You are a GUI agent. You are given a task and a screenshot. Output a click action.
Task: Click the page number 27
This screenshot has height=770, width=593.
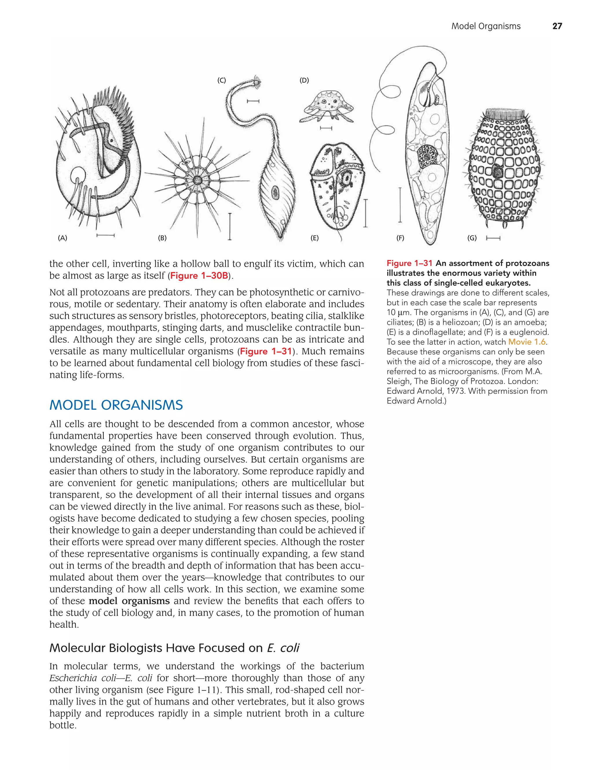(557, 26)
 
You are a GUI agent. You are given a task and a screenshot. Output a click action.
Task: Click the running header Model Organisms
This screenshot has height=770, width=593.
(486, 26)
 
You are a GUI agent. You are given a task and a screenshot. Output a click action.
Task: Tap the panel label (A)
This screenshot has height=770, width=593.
(63, 238)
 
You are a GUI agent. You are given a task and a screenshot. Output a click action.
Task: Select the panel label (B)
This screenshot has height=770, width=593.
(162, 238)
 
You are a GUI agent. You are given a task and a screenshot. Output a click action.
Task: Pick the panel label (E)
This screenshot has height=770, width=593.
(314, 238)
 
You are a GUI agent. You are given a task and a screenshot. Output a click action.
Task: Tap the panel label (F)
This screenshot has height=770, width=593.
(400, 238)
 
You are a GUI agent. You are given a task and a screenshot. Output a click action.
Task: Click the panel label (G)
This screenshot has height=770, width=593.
(472, 238)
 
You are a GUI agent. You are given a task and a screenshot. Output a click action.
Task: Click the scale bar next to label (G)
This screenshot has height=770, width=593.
(493, 238)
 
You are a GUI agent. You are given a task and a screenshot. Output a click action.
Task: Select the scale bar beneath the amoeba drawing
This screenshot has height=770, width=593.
(326, 128)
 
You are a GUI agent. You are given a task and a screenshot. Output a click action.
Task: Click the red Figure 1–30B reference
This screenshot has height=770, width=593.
(199, 276)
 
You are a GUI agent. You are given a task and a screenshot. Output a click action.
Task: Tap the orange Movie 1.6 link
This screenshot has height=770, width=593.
(527, 342)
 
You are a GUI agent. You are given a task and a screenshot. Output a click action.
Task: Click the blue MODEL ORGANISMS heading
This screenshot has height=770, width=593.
(116, 405)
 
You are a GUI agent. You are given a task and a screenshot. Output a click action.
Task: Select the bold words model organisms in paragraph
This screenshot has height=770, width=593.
(129, 601)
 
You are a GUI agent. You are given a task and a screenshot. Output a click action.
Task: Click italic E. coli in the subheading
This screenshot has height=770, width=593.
(283, 648)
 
